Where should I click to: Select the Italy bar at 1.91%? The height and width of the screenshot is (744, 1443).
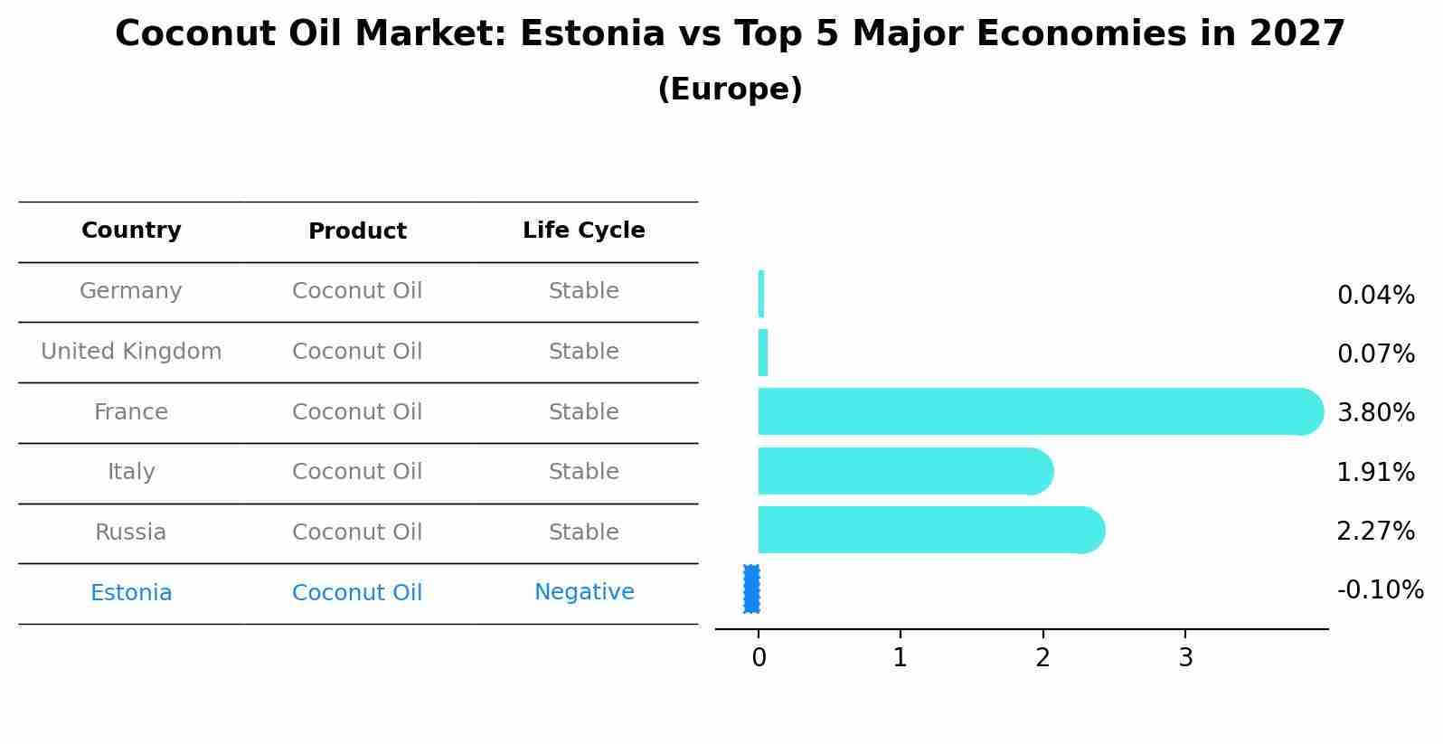pyautogui.click(x=904, y=471)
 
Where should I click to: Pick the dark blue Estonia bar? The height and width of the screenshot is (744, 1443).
pyautogui.click(x=751, y=589)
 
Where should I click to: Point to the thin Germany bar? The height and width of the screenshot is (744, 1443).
pyautogui.click(x=761, y=294)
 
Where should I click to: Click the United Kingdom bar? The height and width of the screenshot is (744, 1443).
pyautogui.click(x=763, y=353)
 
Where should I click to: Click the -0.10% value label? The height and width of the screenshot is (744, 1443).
pyautogui.click(x=1380, y=590)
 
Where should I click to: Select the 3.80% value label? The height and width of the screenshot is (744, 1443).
pyautogui.click(x=1375, y=413)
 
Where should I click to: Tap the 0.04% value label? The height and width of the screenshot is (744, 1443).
pyautogui.click(x=1375, y=296)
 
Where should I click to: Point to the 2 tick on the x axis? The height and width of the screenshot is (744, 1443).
pyautogui.click(x=1042, y=658)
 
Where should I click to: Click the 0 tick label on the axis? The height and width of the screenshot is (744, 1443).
pyautogui.click(x=759, y=658)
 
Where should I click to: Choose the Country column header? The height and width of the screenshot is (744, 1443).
pyautogui.click(x=131, y=231)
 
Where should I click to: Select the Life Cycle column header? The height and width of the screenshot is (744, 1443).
pyautogui.click(x=583, y=231)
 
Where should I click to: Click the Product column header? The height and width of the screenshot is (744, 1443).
pyautogui.click(x=357, y=231)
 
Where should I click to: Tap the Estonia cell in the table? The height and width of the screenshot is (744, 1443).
pyautogui.click(x=131, y=593)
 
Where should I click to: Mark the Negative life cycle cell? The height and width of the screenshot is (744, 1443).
pyautogui.click(x=584, y=592)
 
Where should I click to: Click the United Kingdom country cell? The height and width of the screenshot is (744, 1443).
pyautogui.click(x=131, y=352)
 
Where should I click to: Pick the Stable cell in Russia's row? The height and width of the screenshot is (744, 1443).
pyautogui.click(x=583, y=532)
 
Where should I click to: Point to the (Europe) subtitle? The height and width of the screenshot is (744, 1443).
pyautogui.click(x=730, y=89)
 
